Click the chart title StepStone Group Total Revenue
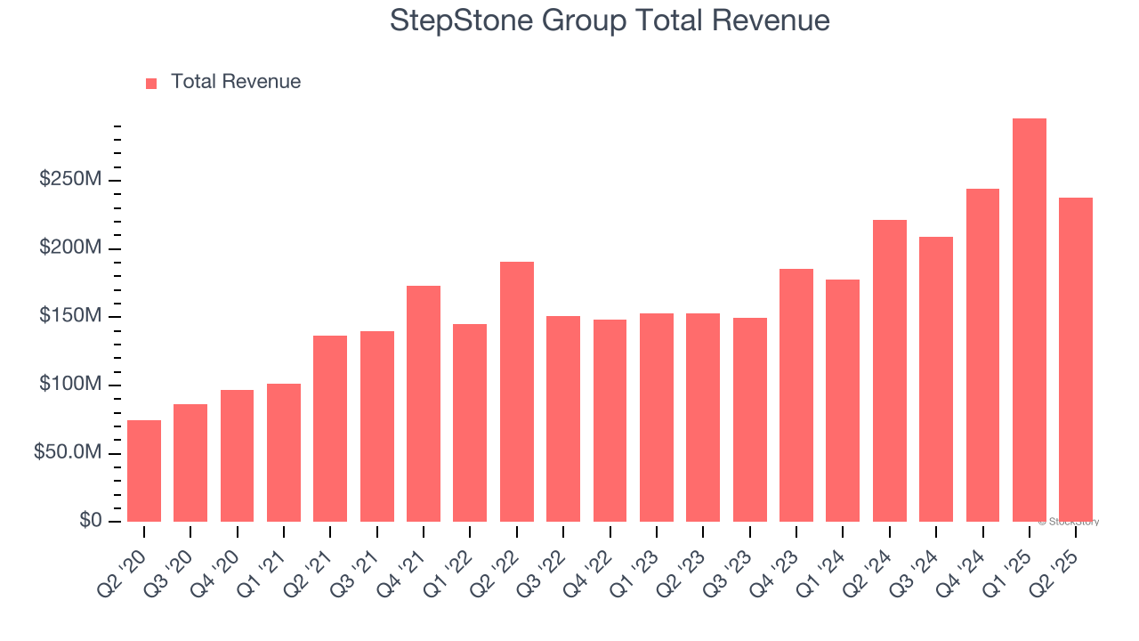[x=610, y=20]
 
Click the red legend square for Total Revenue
[x=151, y=83]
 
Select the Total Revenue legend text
[x=236, y=82]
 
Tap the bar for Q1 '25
[x=1029, y=320]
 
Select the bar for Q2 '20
[x=144, y=471]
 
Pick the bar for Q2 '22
[x=517, y=392]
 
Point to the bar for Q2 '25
[x=1076, y=360]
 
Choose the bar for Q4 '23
[x=796, y=395]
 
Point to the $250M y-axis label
[x=70, y=180]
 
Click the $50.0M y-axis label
[x=68, y=452]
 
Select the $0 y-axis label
[x=90, y=521]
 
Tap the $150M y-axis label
[x=70, y=316]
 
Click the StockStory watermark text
[x=1069, y=522]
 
